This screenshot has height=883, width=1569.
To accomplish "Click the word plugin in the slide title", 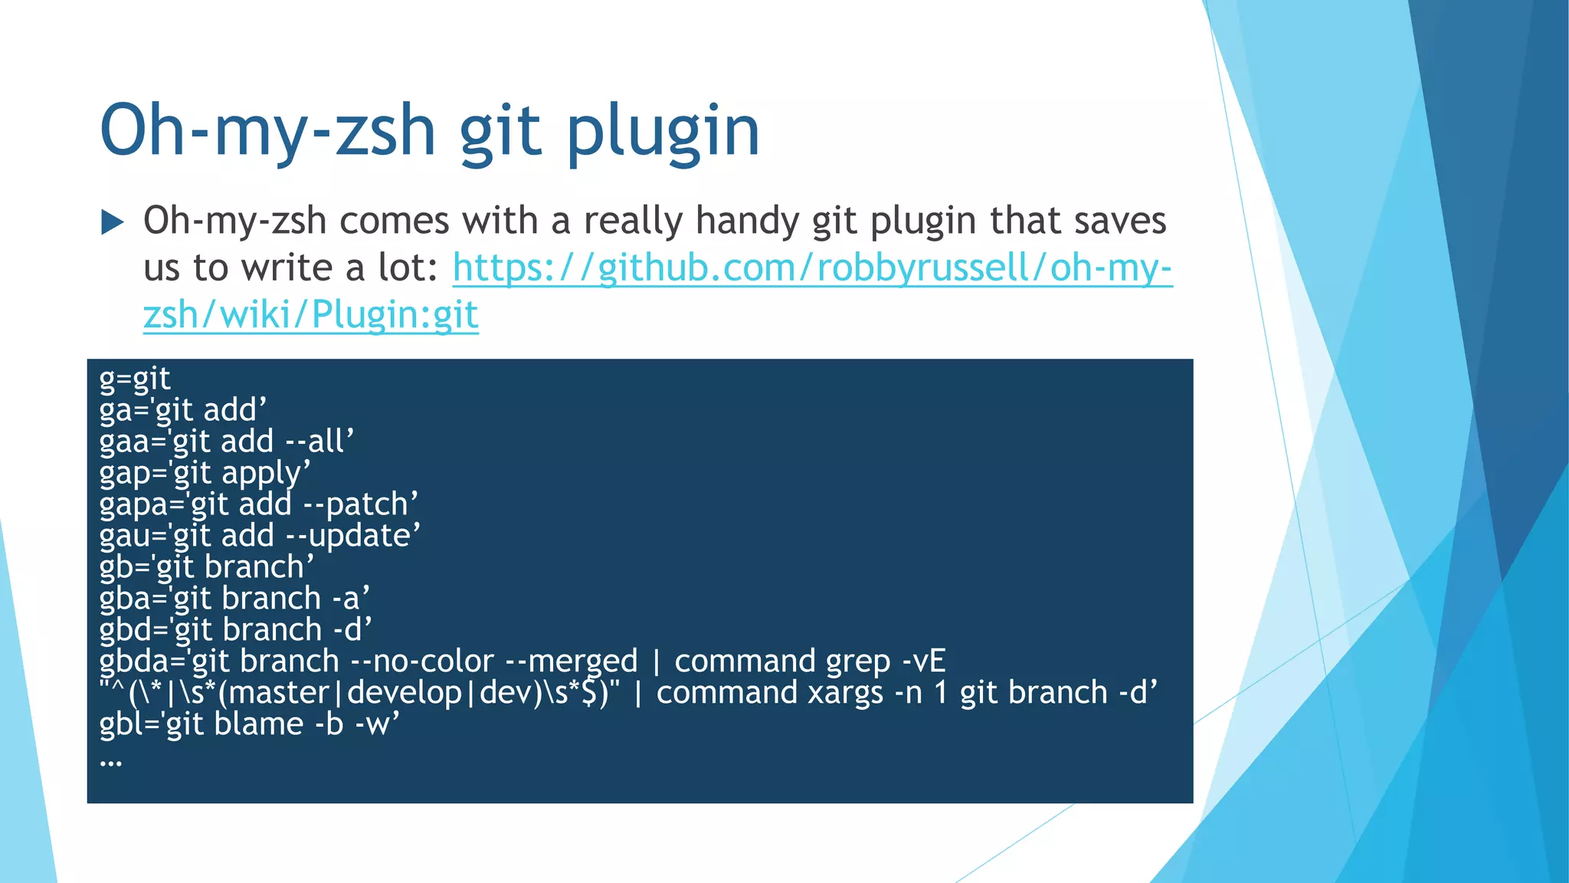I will pos(663,132).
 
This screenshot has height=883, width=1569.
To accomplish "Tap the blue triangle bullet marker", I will pos(113,222).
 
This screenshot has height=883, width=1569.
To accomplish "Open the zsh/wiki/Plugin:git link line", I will pos(310,315).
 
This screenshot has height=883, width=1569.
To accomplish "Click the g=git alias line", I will pos(135,379).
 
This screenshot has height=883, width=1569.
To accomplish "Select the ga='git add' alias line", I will pos(182,410).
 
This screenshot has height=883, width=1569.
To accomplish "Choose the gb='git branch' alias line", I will pos(206,567).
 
